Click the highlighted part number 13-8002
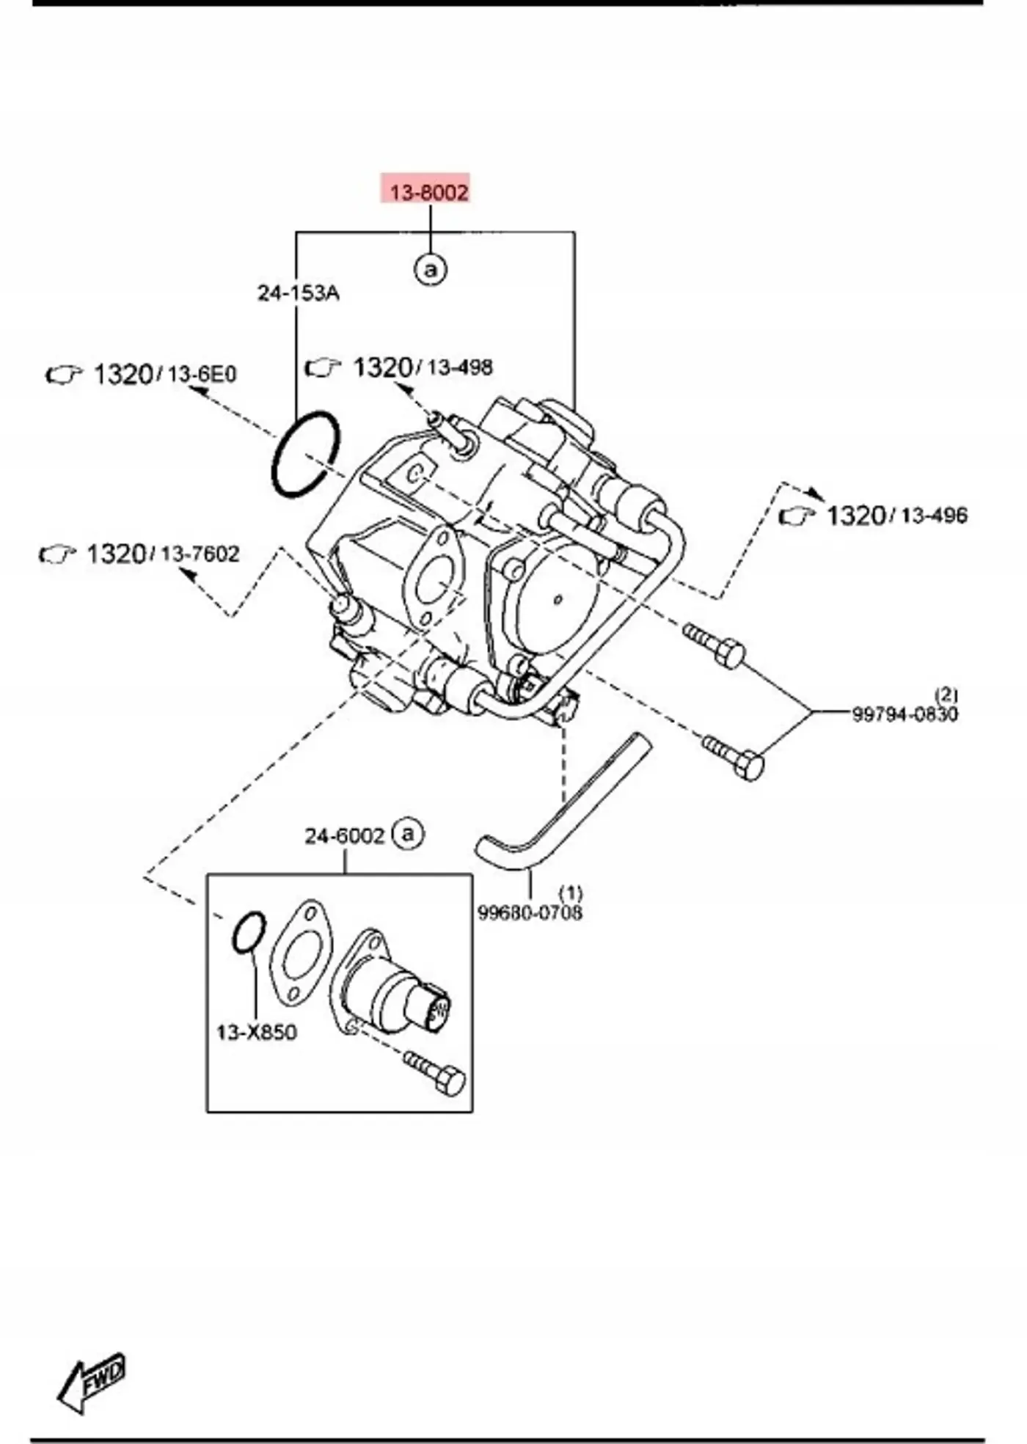(x=428, y=193)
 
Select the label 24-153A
(x=299, y=293)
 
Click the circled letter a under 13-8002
(x=431, y=269)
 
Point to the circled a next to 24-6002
(x=408, y=834)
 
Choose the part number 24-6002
(x=345, y=836)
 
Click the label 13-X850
(x=257, y=1033)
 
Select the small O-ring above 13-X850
(x=249, y=933)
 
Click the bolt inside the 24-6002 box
(x=435, y=1072)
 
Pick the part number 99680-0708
(x=530, y=913)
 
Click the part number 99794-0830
(x=904, y=714)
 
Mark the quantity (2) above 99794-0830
(x=946, y=694)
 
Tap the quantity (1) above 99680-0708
(x=571, y=893)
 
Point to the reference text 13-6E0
(x=202, y=375)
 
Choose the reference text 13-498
(x=460, y=367)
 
